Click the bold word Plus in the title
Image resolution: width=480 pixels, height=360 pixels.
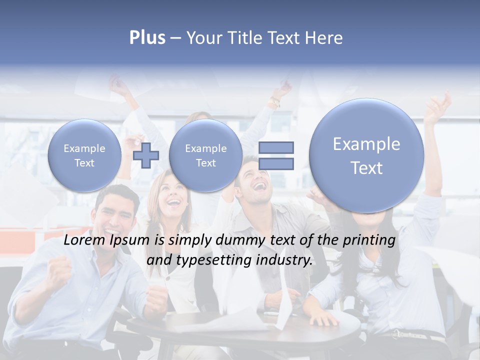147,38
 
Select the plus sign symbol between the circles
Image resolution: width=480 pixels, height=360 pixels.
146,155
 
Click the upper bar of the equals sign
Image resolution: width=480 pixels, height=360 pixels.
276,147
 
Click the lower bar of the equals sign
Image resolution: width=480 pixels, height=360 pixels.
276,163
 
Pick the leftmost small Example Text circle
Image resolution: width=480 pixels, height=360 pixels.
84,155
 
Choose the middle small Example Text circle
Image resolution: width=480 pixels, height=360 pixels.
205,155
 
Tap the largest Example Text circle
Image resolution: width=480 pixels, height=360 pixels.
366,155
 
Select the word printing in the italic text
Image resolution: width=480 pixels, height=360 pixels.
370,240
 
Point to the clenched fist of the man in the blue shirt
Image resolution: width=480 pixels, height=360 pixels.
59,274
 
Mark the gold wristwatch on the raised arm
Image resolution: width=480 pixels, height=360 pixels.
274,103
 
